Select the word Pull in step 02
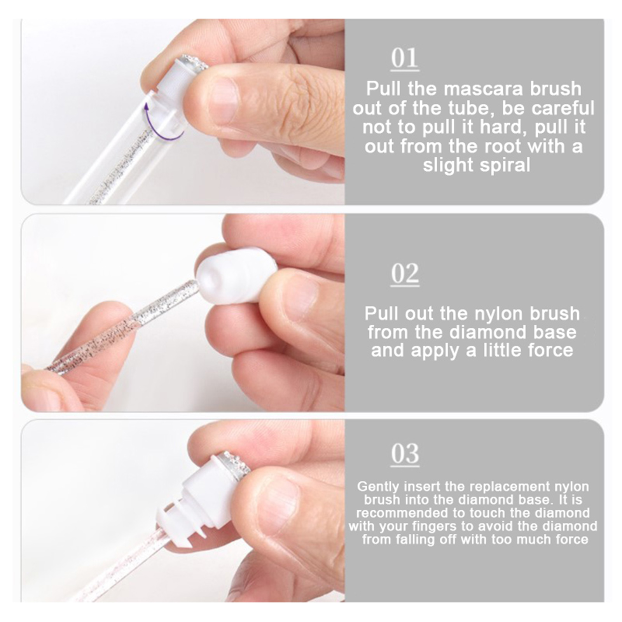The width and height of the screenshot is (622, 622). coord(382,313)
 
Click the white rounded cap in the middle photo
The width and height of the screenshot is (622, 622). coord(237,275)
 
